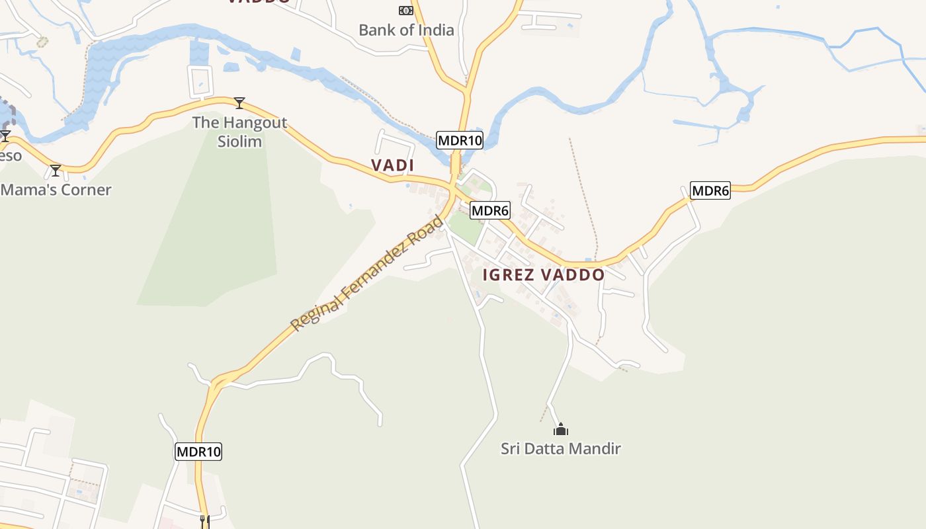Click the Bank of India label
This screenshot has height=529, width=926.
pyautogui.click(x=406, y=30)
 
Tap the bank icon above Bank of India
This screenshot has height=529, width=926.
pyautogui.click(x=405, y=11)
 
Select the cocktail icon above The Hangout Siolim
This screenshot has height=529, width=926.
pyautogui.click(x=239, y=103)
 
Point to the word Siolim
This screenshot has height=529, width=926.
pyautogui.click(x=239, y=142)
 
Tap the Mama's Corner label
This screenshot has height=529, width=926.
pyautogui.click(x=56, y=190)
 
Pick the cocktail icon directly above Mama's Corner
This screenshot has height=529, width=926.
pyautogui.click(x=56, y=171)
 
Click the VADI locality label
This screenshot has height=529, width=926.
pyautogui.click(x=392, y=165)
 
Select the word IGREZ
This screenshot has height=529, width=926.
pyautogui.click(x=508, y=275)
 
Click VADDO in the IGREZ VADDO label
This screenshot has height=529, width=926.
pyautogui.click(x=572, y=275)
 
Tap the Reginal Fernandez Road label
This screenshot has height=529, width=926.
pyautogui.click(x=367, y=273)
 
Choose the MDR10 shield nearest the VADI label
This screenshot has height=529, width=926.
pyautogui.click(x=460, y=140)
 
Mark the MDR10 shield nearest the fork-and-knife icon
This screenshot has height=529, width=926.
pyautogui.click(x=198, y=452)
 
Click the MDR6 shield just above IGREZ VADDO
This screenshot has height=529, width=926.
pyautogui.click(x=490, y=211)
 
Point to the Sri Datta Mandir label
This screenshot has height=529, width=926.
pyautogui.click(x=560, y=449)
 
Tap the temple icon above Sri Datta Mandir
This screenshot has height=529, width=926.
pyautogui.click(x=560, y=430)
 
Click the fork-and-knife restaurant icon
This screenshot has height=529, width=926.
pyautogui.click(x=204, y=521)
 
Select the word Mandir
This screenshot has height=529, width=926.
pyautogui.click(x=598, y=449)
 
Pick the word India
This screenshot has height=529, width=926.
pyautogui.click(x=436, y=30)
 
